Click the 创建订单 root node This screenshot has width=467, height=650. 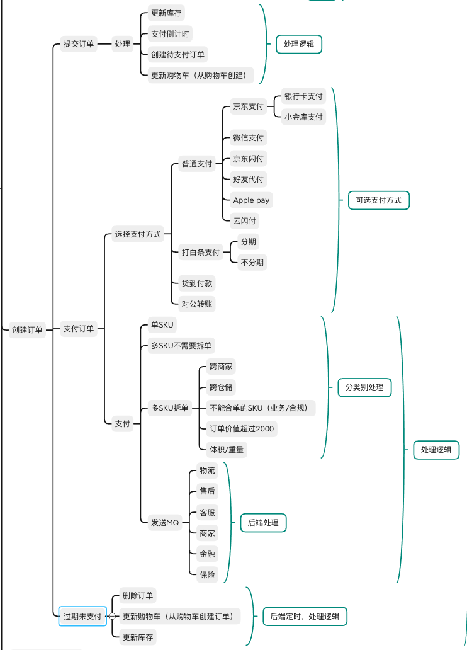pyautogui.click(x=27, y=329)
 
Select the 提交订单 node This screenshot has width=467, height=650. pyautogui.click(x=79, y=44)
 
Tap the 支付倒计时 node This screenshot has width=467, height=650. pyautogui.click(x=170, y=33)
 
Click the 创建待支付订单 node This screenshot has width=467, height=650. pyautogui.click(x=178, y=54)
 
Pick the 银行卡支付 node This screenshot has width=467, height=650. pyautogui.click(x=303, y=96)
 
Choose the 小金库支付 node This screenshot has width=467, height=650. pyautogui.click(x=303, y=117)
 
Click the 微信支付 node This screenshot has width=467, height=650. pyautogui.click(x=249, y=137)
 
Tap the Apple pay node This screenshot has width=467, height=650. pyautogui.click(x=252, y=200)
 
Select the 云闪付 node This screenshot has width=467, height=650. pyautogui.click(x=245, y=221)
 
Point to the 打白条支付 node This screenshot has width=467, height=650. pyautogui.click(x=201, y=252)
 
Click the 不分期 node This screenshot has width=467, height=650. pyautogui.click(x=252, y=262)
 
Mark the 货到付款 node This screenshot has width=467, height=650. pyautogui.click(x=197, y=283)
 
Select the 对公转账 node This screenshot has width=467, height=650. pyautogui.click(x=197, y=304)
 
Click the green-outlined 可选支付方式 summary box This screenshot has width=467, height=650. pyautogui.click(x=378, y=200)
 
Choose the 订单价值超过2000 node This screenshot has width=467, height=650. pyautogui.click(x=242, y=429)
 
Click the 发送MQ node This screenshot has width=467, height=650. pyautogui.click(x=165, y=522)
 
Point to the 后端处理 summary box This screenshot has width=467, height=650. pyautogui.click(x=263, y=522)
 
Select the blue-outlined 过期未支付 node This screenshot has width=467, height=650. pyautogui.click(x=82, y=616)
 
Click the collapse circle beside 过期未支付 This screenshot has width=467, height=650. pyautogui.click(x=112, y=616)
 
